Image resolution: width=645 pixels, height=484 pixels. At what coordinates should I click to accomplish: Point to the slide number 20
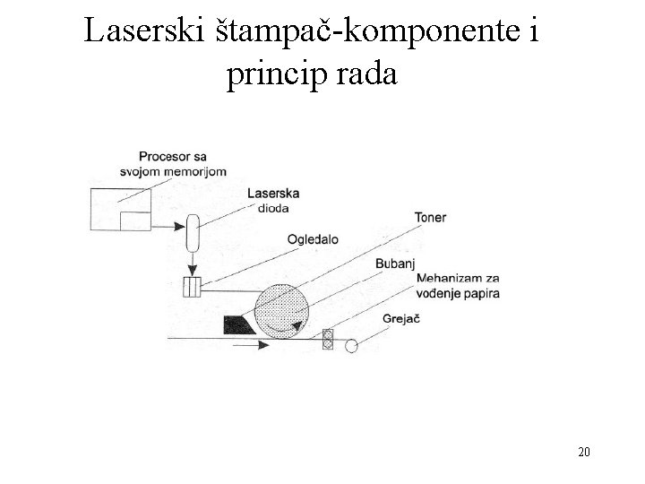pos(583,451)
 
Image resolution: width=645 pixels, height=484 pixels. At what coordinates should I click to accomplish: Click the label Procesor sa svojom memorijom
pos(173,164)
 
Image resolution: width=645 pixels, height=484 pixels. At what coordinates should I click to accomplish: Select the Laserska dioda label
pos(272,200)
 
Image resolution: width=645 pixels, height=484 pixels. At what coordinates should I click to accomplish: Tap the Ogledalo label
pos(314,239)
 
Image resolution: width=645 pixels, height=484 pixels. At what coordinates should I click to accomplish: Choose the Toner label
pos(430,218)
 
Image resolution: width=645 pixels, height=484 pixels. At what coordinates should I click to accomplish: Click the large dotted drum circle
pos(282,309)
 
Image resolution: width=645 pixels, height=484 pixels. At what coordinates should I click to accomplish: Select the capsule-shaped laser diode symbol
pos(191,236)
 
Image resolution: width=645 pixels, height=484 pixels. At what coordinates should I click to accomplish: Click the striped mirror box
pos(191,288)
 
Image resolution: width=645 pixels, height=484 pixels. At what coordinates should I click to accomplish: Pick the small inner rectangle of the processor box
pos(135,221)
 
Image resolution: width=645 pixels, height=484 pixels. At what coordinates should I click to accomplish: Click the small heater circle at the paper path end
pos(352,345)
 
